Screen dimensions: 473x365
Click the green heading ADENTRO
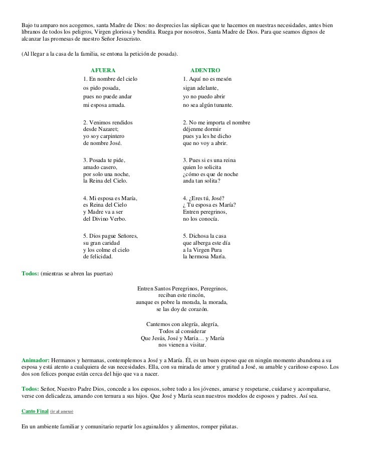click(x=206, y=70)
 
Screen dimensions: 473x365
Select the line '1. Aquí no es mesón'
click(x=207, y=79)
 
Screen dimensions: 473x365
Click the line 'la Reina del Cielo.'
click(x=105, y=181)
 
